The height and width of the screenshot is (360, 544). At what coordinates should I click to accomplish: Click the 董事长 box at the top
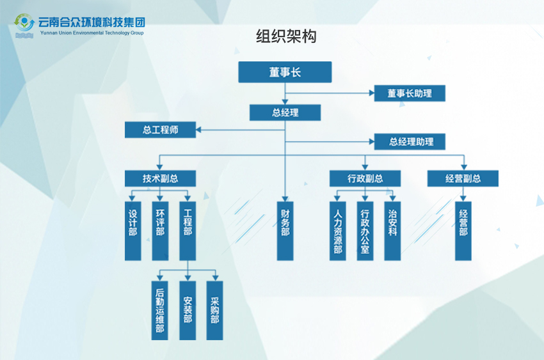pos(285,72)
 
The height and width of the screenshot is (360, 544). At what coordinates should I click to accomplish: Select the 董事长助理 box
pos(410,93)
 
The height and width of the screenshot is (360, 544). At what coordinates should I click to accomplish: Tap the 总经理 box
pos(285,113)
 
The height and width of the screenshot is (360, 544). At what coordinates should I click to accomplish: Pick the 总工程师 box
pos(160,130)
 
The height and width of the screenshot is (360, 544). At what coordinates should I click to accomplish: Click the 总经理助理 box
pos(410,141)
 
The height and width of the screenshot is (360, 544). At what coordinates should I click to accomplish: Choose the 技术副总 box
pos(160,178)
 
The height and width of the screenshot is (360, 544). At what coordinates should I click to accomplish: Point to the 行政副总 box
pos(365,178)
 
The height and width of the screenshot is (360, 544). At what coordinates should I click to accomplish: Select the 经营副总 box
pos(463,178)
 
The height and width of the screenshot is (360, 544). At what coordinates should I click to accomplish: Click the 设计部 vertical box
pos(132,231)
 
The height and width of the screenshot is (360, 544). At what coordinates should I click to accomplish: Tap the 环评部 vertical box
pos(160,231)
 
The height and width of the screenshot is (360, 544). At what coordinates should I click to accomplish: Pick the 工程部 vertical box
pos(188,231)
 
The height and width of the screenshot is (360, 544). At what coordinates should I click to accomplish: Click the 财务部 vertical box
pos(285,231)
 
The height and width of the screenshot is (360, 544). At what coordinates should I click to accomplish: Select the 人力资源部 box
pos(337,231)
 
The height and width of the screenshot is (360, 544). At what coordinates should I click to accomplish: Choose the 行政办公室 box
pos(365,231)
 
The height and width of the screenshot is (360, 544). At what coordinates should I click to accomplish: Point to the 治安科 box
pos(392,231)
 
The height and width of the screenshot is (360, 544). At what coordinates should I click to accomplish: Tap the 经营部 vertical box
pos(463,231)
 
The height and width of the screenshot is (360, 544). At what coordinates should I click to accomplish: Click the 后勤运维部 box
pos(160,310)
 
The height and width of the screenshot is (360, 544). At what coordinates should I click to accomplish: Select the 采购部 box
pos(214,310)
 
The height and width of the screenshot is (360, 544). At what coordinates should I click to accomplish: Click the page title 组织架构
pos(286,36)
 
